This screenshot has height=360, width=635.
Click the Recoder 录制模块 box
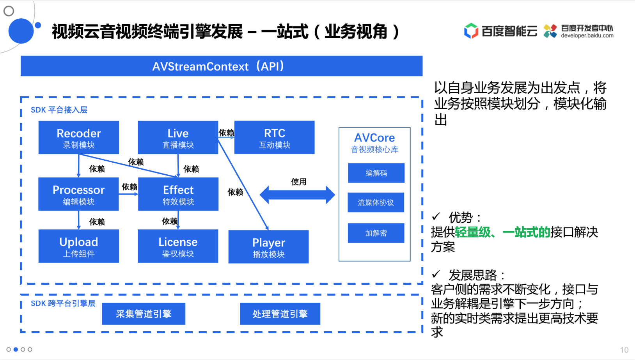coord(78,137)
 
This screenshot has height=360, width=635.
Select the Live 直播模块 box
coord(178,137)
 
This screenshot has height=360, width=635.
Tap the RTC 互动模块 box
coord(274,137)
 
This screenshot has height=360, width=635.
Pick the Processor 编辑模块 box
coord(78,194)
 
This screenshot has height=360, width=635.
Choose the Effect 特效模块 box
coord(178,194)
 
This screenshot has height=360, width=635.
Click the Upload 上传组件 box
coord(78,246)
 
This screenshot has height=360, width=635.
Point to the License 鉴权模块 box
coord(178,246)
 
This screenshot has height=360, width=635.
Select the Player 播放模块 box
coord(268,247)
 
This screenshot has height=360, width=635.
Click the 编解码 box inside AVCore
coord(376,173)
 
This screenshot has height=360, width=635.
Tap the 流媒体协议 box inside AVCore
coord(376,202)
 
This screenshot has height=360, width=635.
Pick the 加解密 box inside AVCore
coord(376,233)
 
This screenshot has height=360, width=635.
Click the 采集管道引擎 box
coord(144,314)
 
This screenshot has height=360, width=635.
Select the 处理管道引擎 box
coord(280,314)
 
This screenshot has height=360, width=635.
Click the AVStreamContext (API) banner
coord(222,66)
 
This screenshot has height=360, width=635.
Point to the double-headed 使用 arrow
coord(297,195)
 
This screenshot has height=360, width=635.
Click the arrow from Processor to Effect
coord(128,194)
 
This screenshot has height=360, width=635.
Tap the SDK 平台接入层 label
coord(59,110)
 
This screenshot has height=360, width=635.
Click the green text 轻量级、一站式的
coord(502,232)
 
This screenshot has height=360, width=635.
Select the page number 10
coord(624,350)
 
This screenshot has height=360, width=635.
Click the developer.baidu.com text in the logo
coord(587,35)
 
